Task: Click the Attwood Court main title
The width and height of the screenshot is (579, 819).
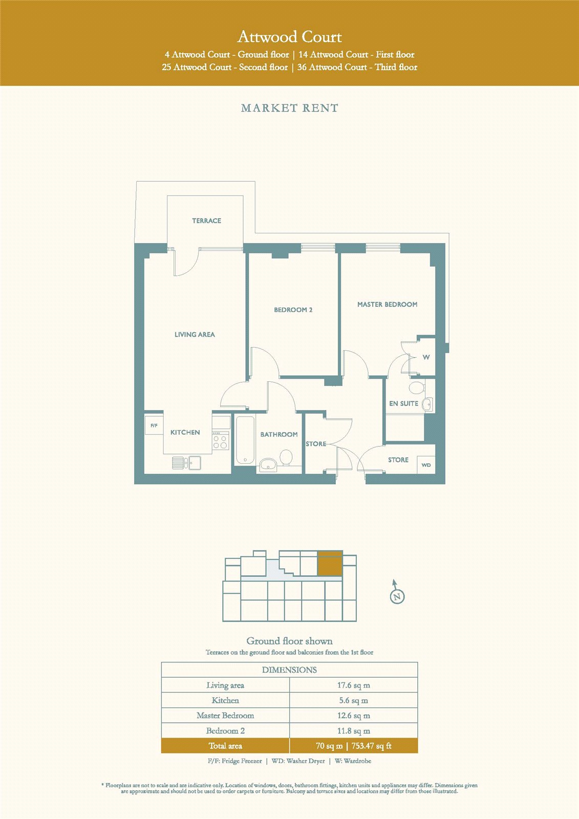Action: pos(289,37)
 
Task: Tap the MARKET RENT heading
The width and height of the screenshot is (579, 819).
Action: pos(289,108)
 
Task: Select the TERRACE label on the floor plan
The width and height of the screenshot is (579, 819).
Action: pos(207,221)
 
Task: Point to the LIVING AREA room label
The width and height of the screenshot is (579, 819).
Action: pos(195,334)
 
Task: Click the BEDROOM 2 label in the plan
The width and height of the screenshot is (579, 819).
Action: pos(293,310)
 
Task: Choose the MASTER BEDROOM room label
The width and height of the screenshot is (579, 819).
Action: pos(388,304)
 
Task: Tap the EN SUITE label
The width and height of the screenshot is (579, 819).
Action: pos(403,403)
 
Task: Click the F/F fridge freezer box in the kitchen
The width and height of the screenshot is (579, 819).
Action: pos(154,425)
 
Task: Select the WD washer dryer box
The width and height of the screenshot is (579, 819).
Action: pos(426,465)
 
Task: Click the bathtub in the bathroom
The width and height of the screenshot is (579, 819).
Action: pos(245,440)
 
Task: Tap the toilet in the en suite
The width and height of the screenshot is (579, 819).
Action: pos(417,387)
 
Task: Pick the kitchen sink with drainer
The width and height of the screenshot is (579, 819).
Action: pos(186,463)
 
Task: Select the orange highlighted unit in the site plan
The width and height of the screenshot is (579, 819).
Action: pos(330,563)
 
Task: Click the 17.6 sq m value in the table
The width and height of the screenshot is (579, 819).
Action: pos(354,685)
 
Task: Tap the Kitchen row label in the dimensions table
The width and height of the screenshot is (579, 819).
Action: pos(225,700)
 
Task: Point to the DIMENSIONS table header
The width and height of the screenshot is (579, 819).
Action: pos(289,670)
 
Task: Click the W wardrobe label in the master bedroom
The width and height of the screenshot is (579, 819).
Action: pos(426,357)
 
